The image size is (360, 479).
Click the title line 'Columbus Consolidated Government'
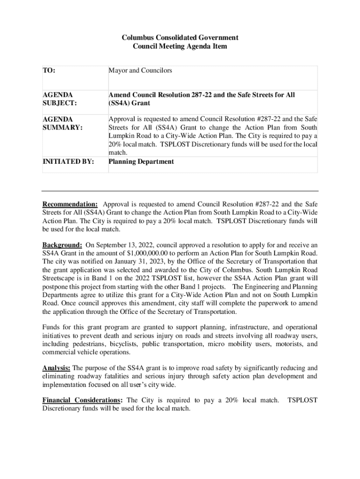[x=180, y=37]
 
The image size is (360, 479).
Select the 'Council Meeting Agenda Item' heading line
[x=180, y=46]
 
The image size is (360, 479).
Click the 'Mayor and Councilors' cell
[x=140, y=71]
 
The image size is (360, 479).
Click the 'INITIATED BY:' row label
[x=68, y=162]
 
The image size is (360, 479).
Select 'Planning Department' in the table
[x=141, y=162]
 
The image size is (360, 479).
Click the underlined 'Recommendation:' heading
[x=70, y=204]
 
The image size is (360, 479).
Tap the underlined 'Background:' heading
[x=63, y=245]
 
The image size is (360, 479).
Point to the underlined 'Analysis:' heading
[x=57, y=368]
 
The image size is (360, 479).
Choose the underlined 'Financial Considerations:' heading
[x=83, y=400]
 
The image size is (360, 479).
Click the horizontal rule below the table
[x=180, y=191]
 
